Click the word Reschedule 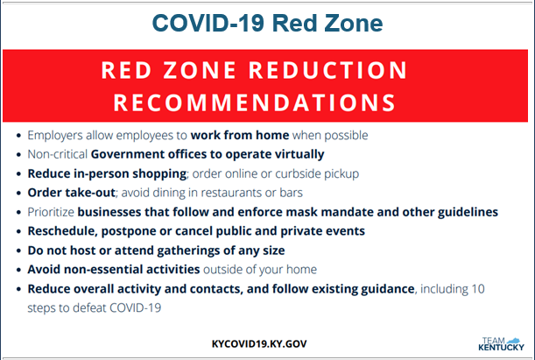[x=61, y=231]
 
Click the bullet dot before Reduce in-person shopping [x=18, y=174]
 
